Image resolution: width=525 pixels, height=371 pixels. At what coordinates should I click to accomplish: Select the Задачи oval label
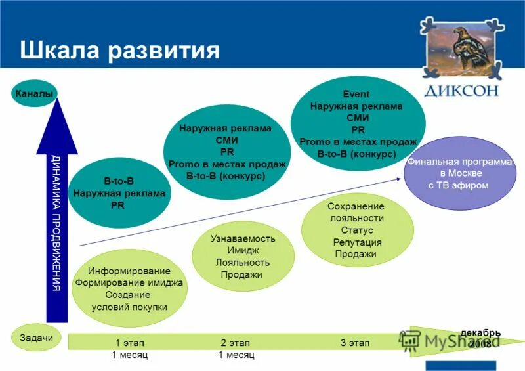pyautogui.click(x=32, y=338)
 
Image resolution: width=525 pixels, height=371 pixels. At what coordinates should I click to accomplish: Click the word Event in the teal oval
pyautogui.click(x=356, y=94)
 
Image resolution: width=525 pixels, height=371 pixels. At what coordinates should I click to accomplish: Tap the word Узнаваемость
pyautogui.click(x=243, y=238)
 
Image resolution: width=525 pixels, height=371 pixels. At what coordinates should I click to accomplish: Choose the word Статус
pyautogui.click(x=357, y=230)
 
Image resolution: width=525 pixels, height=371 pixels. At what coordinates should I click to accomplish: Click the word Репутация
pyautogui.click(x=357, y=242)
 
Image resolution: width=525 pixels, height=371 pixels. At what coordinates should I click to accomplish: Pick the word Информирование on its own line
pyautogui.click(x=129, y=271)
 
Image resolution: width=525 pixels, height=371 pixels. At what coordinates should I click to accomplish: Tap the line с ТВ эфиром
pyautogui.click(x=459, y=185)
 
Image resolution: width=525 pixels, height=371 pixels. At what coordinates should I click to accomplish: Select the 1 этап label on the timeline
pyautogui.click(x=129, y=343)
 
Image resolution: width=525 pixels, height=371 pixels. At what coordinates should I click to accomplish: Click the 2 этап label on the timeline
pyautogui.click(x=235, y=343)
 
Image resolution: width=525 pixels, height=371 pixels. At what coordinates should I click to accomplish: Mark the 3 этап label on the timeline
pyautogui.click(x=355, y=343)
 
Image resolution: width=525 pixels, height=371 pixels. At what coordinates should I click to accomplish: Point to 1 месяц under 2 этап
pyautogui.click(x=236, y=355)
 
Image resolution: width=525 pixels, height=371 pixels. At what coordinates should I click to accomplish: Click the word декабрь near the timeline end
pyautogui.click(x=480, y=333)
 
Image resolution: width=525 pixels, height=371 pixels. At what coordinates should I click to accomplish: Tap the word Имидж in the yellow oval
pyautogui.click(x=243, y=250)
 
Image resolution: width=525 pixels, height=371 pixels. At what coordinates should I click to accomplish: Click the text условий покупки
pyautogui.click(x=129, y=307)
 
